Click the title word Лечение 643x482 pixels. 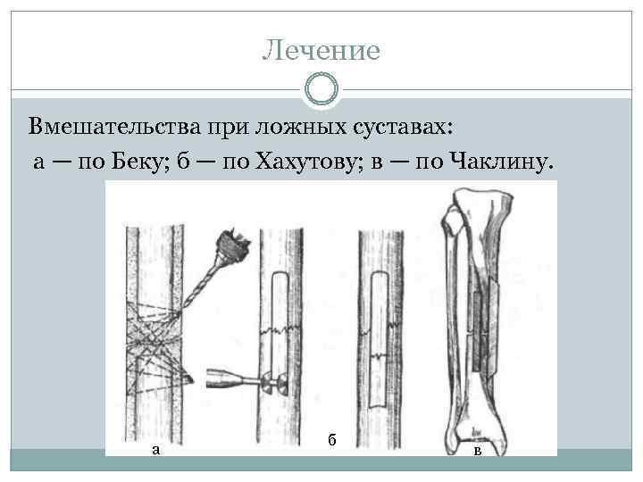coord(321,50)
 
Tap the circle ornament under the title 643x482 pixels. coord(321,90)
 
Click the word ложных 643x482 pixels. coord(296,127)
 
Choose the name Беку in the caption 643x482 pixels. coord(135,161)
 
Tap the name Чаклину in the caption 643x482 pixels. coord(500,161)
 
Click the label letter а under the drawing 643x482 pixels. coord(156,449)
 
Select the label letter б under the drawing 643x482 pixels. coord(331,439)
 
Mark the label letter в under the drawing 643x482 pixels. coord(478,451)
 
